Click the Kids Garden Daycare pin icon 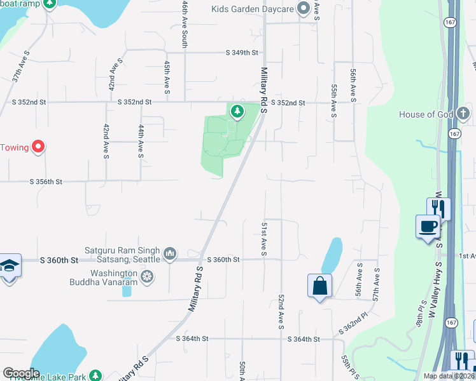tap(304, 9)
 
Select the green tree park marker tap(237, 112)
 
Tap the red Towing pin tap(38, 147)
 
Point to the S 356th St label tap(46, 182)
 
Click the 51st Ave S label tap(263, 239)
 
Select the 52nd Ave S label tap(280, 312)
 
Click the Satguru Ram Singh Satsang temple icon tap(170, 254)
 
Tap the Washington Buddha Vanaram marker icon tap(148, 276)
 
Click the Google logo tap(21, 373)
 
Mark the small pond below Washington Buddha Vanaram tap(127, 291)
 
